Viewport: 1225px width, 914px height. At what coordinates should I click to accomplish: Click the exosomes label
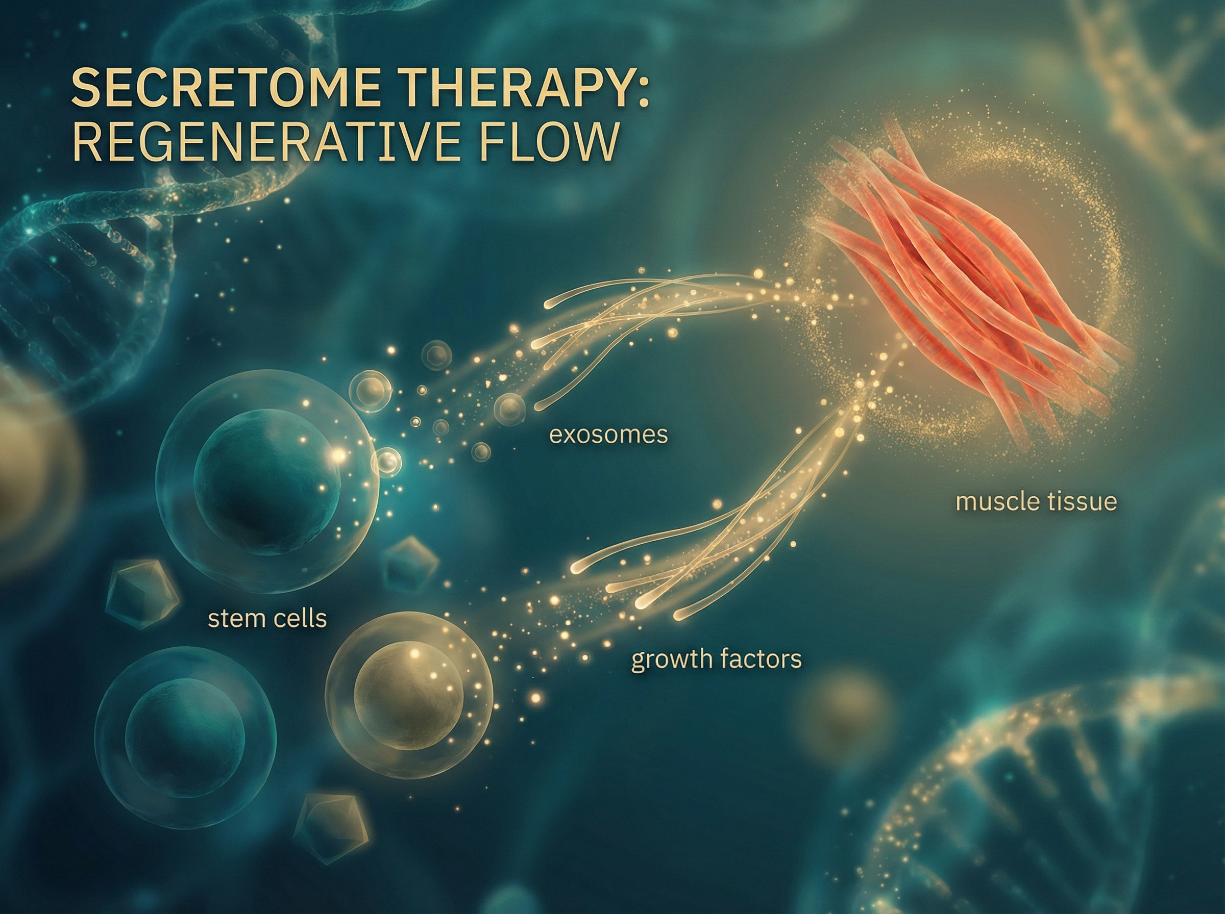(608, 436)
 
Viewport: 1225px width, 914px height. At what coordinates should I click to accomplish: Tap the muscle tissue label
(1036, 502)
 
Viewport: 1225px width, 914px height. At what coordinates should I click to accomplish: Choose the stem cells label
(267, 619)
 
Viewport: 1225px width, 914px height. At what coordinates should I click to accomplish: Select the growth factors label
(716, 659)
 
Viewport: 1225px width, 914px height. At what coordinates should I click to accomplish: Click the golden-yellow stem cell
(408, 694)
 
